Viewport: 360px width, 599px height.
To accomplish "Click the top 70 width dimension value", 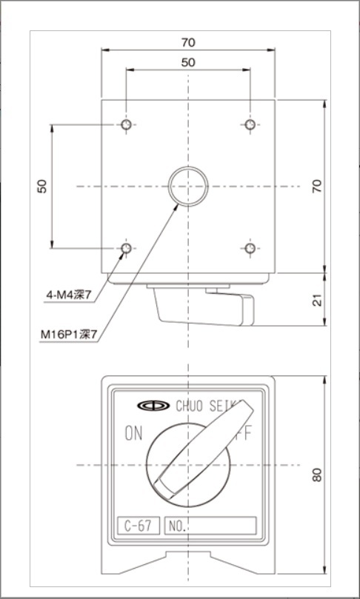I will click(x=188, y=41).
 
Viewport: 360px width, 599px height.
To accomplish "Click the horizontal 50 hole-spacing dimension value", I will click(x=188, y=62).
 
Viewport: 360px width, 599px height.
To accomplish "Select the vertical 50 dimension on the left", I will click(x=42, y=186).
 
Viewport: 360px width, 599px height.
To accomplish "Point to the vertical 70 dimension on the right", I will click(x=318, y=186).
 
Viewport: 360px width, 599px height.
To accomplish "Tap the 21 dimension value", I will click(x=318, y=300).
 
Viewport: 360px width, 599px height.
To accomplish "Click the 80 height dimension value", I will click(x=318, y=475).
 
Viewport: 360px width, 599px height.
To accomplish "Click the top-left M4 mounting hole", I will click(x=127, y=124).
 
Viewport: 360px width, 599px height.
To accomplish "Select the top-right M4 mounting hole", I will click(x=250, y=124).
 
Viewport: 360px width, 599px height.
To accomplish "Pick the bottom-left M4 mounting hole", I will click(x=127, y=248).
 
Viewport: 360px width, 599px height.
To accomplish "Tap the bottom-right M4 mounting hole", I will click(x=250, y=248).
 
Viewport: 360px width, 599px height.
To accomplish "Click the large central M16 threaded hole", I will click(x=188, y=186).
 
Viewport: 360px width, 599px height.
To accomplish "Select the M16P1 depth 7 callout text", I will click(x=69, y=335).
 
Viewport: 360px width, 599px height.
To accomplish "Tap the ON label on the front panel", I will click(x=133, y=434).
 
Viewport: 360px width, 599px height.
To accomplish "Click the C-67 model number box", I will click(x=138, y=526).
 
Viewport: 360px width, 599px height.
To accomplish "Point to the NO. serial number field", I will click(x=210, y=526).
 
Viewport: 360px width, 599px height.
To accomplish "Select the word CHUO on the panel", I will click(x=192, y=405).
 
